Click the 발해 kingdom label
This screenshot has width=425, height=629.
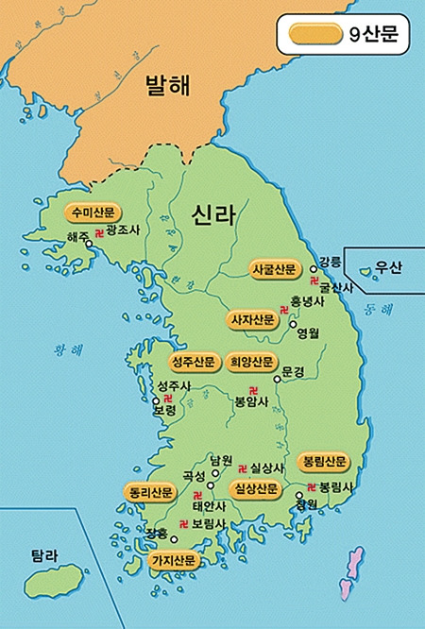coord(167,87)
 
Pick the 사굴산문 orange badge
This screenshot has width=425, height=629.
coord(274,269)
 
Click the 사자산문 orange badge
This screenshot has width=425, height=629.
coord(252,319)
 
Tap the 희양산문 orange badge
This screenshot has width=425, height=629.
coord(251,362)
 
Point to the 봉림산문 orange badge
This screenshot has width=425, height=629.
coord(324,462)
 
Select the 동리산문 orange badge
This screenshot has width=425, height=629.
coord(149,492)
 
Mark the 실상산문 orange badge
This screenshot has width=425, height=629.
coord(255,489)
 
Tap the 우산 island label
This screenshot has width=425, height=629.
coord(387,267)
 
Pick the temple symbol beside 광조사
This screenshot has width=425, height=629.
coord(100,230)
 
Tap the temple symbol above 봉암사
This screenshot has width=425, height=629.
coord(252,389)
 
